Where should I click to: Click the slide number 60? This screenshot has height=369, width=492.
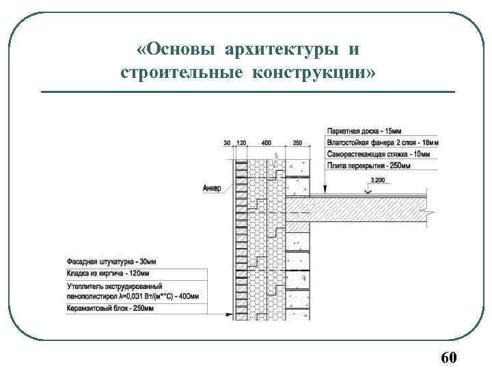tap(449, 357)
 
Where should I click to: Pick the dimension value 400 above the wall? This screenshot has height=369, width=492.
tap(266, 143)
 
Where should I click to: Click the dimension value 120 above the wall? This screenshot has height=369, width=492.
tap(241, 143)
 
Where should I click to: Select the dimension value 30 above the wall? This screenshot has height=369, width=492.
tap(227, 143)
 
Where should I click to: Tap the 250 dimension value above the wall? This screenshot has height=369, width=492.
tap(297, 143)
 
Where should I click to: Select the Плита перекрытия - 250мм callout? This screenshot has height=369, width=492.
tap(368, 165)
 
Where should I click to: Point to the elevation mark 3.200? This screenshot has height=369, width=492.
tap(379, 180)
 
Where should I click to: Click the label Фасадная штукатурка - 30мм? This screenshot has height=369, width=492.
tap(111, 262)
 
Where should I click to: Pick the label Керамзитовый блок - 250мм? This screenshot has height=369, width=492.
tap(109, 309)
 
